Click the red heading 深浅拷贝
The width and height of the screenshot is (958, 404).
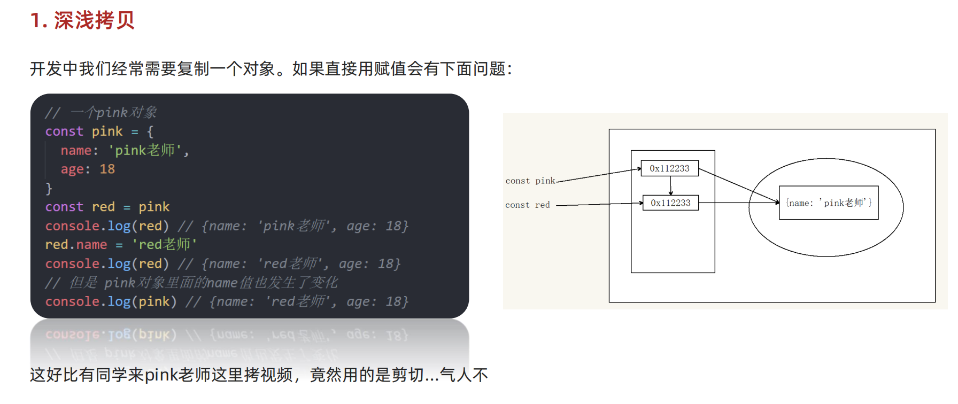click(x=94, y=20)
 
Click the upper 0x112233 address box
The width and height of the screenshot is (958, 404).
click(x=669, y=168)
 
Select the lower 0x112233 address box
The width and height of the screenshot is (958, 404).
click(x=670, y=203)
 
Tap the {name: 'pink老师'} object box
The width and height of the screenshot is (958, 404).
click(x=829, y=203)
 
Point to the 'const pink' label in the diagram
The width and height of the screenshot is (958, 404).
click(x=530, y=181)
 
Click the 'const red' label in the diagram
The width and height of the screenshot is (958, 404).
click(x=527, y=205)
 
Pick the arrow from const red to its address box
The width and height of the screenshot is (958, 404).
click(x=599, y=204)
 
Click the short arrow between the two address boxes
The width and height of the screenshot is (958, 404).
click(x=670, y=185)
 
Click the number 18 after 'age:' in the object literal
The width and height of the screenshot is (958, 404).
click(x=107, y=169)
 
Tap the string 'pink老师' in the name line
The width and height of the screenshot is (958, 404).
click(x=145, y=151)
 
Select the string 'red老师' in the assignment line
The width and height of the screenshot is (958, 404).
click(x=164, y=245)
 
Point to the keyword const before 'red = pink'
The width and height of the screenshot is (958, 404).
click(x=64, y=207)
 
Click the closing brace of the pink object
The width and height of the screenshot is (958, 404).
click(x=49, y=188)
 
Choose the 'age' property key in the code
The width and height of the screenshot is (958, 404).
click(x=72, y=169)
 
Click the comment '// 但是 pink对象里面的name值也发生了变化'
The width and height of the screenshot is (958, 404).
click(x=191, y=283)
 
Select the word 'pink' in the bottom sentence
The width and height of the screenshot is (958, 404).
click(x=161, y=375)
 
